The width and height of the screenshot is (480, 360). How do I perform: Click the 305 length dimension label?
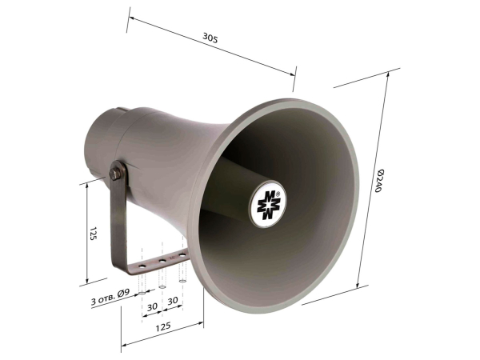click(210, 38)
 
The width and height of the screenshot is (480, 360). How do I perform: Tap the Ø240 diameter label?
click(379, 181)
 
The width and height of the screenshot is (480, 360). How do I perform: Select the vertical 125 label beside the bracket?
click(94, 234)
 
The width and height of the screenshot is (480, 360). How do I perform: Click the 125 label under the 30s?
click(163, 326)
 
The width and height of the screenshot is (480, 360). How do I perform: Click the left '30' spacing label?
click(152, 306)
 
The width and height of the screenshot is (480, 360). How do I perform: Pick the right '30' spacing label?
click(173, 301)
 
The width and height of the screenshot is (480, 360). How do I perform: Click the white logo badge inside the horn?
click(268, 203)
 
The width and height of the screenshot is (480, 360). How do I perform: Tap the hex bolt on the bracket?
click(115, 174)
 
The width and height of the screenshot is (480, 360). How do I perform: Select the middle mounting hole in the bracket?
click(162, 261)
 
